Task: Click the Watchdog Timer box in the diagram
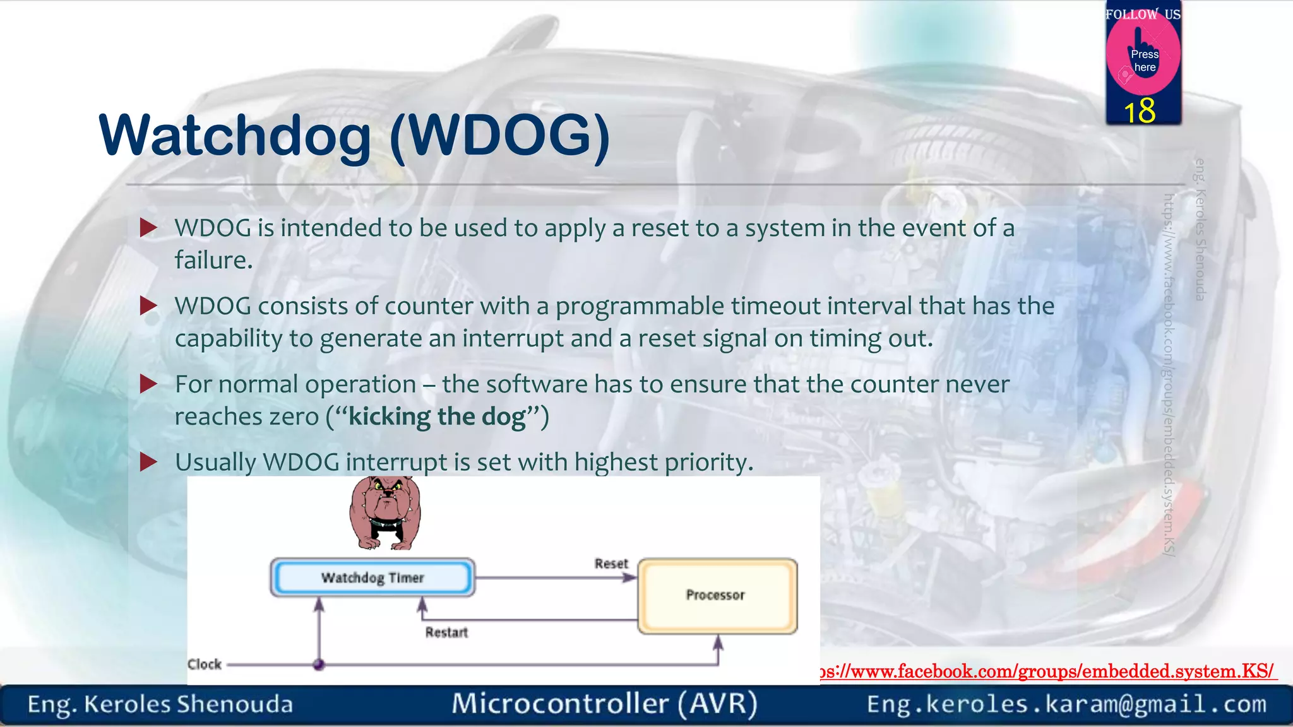point(372,577)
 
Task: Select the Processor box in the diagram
point(717,596)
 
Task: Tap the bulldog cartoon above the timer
point(384,512)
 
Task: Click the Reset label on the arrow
point(611,564)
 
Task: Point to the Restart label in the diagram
point(446,632)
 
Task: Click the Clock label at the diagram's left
point(205,665)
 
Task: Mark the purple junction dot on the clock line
point(319,664)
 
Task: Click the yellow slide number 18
point(1140,111)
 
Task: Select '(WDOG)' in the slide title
point(499,135)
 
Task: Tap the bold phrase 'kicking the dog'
point(437,417)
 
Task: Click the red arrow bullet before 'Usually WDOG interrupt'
point(148,462)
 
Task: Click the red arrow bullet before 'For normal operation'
point(148,384)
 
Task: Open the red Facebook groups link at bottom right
point(1048,671)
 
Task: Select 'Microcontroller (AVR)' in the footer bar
point(604,704)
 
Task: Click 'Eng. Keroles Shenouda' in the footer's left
point(160,704)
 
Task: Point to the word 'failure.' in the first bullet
point(213,260)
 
